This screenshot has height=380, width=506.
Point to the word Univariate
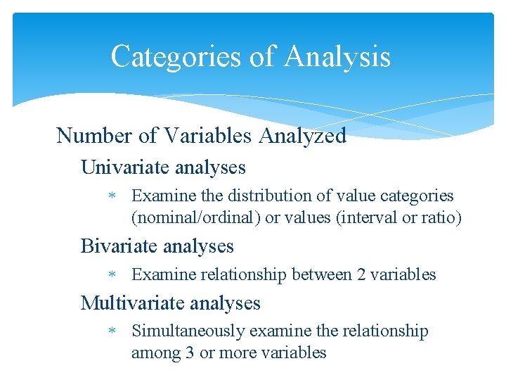(125, 167)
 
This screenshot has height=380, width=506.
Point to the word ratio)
(441, 218)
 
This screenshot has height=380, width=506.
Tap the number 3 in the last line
(189, 353)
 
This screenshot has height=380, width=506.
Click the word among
(155, 353)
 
